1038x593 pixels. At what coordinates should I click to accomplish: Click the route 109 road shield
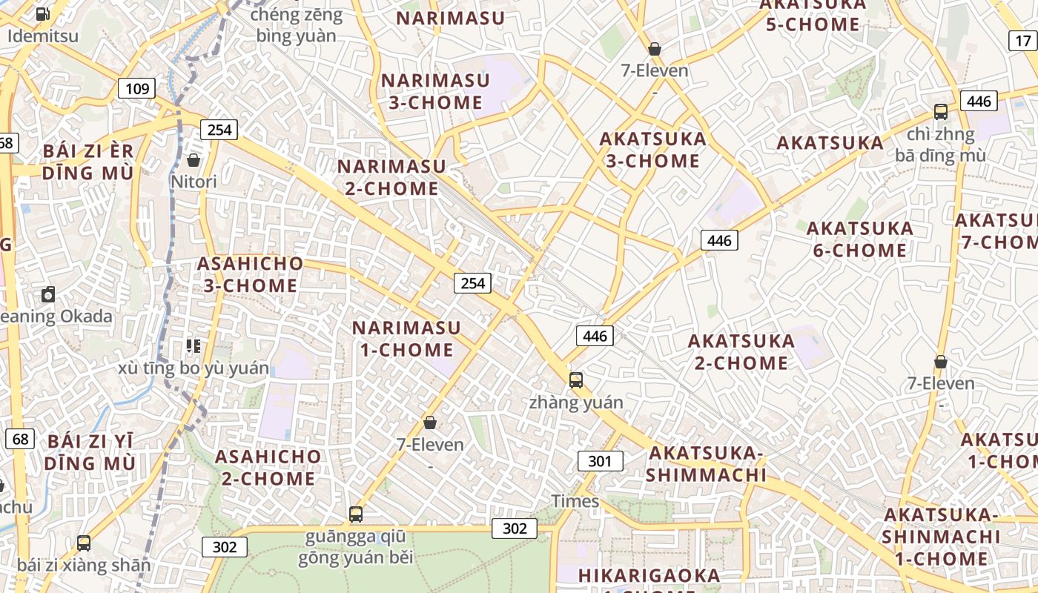pyautogui.click(x=137, y=89)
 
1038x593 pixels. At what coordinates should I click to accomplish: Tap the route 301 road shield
pyautogui.click(x=600, y=461)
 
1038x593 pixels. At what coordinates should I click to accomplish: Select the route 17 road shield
pyautogui.click(x=1023, y=41)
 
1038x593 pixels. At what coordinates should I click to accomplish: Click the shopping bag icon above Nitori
pyautogui.click(x=194, y=160)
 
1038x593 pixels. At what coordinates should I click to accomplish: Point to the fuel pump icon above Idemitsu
pyautogui.click(x=43, y=13)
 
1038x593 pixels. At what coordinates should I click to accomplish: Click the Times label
pyautogui.click(x=575, y=501)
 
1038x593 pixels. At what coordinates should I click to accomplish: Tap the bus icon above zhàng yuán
pyautogui.click(x=576, y=380)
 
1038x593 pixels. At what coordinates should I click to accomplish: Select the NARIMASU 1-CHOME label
pyautogui.click(x=406, y=338)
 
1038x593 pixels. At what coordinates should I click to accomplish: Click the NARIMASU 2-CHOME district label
pyautogui.click(x=391, y=177)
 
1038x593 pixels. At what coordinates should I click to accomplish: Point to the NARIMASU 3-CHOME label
pyautogui.click(x=435, y=91)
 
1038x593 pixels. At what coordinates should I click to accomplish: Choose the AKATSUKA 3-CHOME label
pyautogui.click(x=652, y=150)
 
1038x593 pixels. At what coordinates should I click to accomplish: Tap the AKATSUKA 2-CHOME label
pyautogui.click(x=741, y=351)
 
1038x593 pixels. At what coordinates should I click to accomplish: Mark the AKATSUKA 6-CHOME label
pyautogui.click(x=859, y=239)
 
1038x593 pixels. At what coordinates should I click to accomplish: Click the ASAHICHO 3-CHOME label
pyautogui.click(x=250, y=274)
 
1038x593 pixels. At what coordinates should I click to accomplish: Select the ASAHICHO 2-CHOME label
pyautogui.click(x=268, y=467)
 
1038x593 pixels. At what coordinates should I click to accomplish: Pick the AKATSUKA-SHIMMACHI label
pyautogui.click(x=705, y=463)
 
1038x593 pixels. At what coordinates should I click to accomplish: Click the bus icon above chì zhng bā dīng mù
pyautogui.click(x=940, y=113)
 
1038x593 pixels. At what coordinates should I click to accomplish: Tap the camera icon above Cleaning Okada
pyautogui.click(x=48, y=294)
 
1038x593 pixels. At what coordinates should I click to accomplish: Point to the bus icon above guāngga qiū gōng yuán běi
pyautogui.click(x=356, y=514)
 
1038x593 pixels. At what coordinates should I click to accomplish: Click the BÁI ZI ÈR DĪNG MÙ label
pyautogui.click(x=87, y=162)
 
